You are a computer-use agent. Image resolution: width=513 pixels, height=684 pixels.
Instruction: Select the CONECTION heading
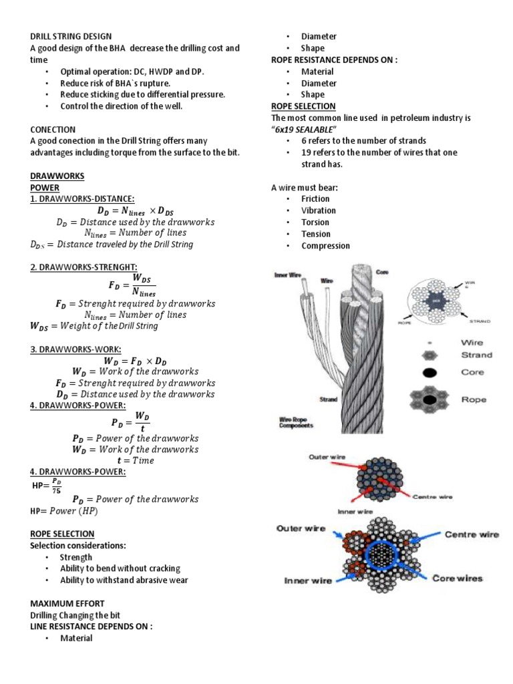pyautogui.click(x=53, y=130)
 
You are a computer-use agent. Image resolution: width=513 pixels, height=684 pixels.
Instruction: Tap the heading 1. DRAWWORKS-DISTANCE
pyautogui.click(x=82, y=199)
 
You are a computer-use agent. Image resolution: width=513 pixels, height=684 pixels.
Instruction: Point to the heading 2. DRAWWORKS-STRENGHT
pyautogui.click(x=85, y=268)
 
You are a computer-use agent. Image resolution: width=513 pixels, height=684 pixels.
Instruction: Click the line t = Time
pyautogui.click(x=136, y=461)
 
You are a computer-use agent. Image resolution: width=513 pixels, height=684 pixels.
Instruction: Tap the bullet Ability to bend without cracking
pyautogui.click(x=120, y=568)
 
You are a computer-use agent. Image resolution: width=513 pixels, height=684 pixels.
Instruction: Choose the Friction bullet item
pyautogui.click(x=315, y=198)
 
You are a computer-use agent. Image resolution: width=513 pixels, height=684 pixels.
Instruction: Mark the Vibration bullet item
pyautogui.click(x=319, y=210)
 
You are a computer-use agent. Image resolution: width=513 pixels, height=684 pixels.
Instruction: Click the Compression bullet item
pyautogui.click(x=325, y=246)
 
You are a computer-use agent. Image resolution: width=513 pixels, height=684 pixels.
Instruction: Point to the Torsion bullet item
pyautogui.click(x=315, y=222)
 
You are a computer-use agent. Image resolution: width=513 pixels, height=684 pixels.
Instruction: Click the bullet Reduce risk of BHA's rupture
pyautogui.click(x=115, y=83)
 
